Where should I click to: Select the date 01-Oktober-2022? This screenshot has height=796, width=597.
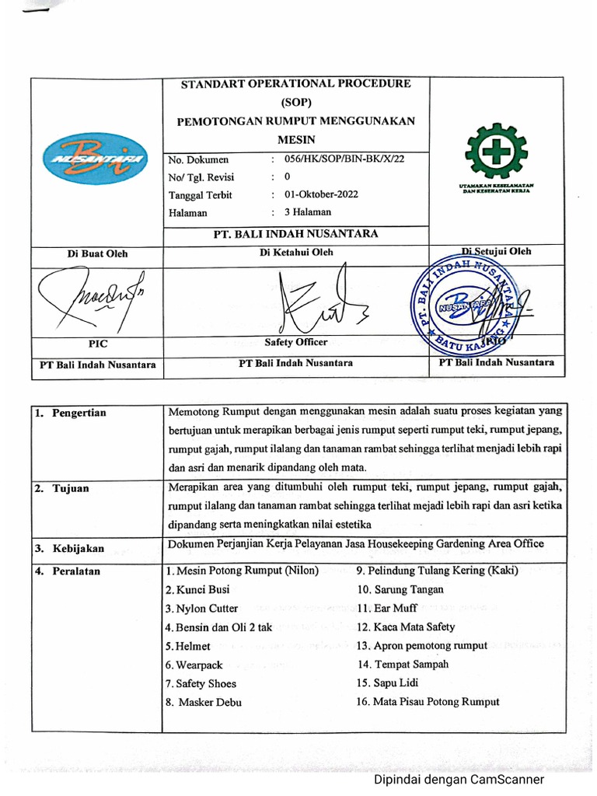pyautogui.click(x=321, y=194)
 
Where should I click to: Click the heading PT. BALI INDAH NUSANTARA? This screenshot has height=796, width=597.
pyautogui.click(x=296, y=234)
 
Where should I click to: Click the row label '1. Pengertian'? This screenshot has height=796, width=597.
pyautogui.click(x=70, y=413)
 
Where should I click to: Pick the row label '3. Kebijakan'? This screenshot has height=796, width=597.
pyautogui.click(x=68, y=548)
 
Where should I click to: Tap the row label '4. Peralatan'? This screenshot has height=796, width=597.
pyautogui.click(x=67, y=571)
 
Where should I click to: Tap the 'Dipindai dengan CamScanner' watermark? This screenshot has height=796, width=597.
pyautogui.click(x=459, y=780)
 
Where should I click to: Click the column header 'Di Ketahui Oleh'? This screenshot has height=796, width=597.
pyautogui.click(x=296, y=253)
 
